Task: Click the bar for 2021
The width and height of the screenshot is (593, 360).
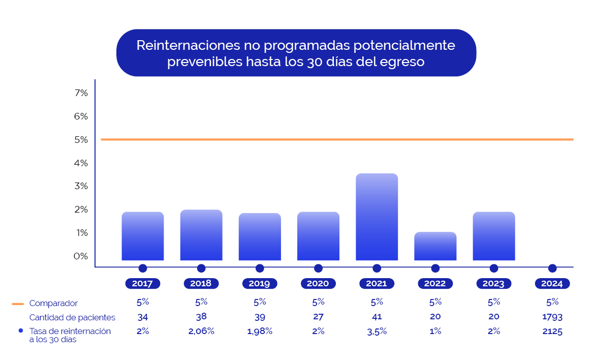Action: pyautogui.click(x=377, y=217)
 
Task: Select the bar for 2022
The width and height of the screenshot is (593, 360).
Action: pyautogui.click(x=435, y=246)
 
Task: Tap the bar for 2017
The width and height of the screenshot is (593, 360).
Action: pyautogui.click(x=143, y=236)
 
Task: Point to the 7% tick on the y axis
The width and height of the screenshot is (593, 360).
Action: pyautogui.click(x=81, y=93)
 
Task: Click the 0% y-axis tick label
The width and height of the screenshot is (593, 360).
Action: pyautogui.click(x=81, y=256)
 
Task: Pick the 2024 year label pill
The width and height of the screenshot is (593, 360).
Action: pyautogui.click(x=552, y=284)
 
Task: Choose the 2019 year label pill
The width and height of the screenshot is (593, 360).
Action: pyautogui.click(x=260, y=284)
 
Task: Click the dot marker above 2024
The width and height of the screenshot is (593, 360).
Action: pyautogui.click(x=552, y=268)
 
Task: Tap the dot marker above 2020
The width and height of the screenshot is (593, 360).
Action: pyautogui.click(x=318, y=268)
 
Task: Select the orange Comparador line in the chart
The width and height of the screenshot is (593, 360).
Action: pyautogui.click(x=335, y=139)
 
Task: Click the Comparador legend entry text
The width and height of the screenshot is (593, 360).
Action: pyautogui.click(x=53, y=304)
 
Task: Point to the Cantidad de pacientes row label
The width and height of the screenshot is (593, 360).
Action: pyautogui.click(x=72, y=318)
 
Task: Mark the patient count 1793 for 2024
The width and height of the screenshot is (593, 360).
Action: pyautogui.click(x=552, y=317)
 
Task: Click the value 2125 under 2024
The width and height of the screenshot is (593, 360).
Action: pyautogui.click(x=552, y=332)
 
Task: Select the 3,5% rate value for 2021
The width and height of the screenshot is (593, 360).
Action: pyautogui.click(x=377, y=332)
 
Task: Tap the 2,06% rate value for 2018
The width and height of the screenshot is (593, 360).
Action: pyautogui.click(x=201, y=332)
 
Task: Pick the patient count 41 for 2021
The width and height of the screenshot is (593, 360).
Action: pyautogui.click(x=377, y=317)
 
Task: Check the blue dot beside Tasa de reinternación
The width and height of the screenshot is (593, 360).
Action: pyautogui.click(x=21, y=331)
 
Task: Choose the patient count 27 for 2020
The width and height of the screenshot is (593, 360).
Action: pyautogui.click(x=318, y=317)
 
